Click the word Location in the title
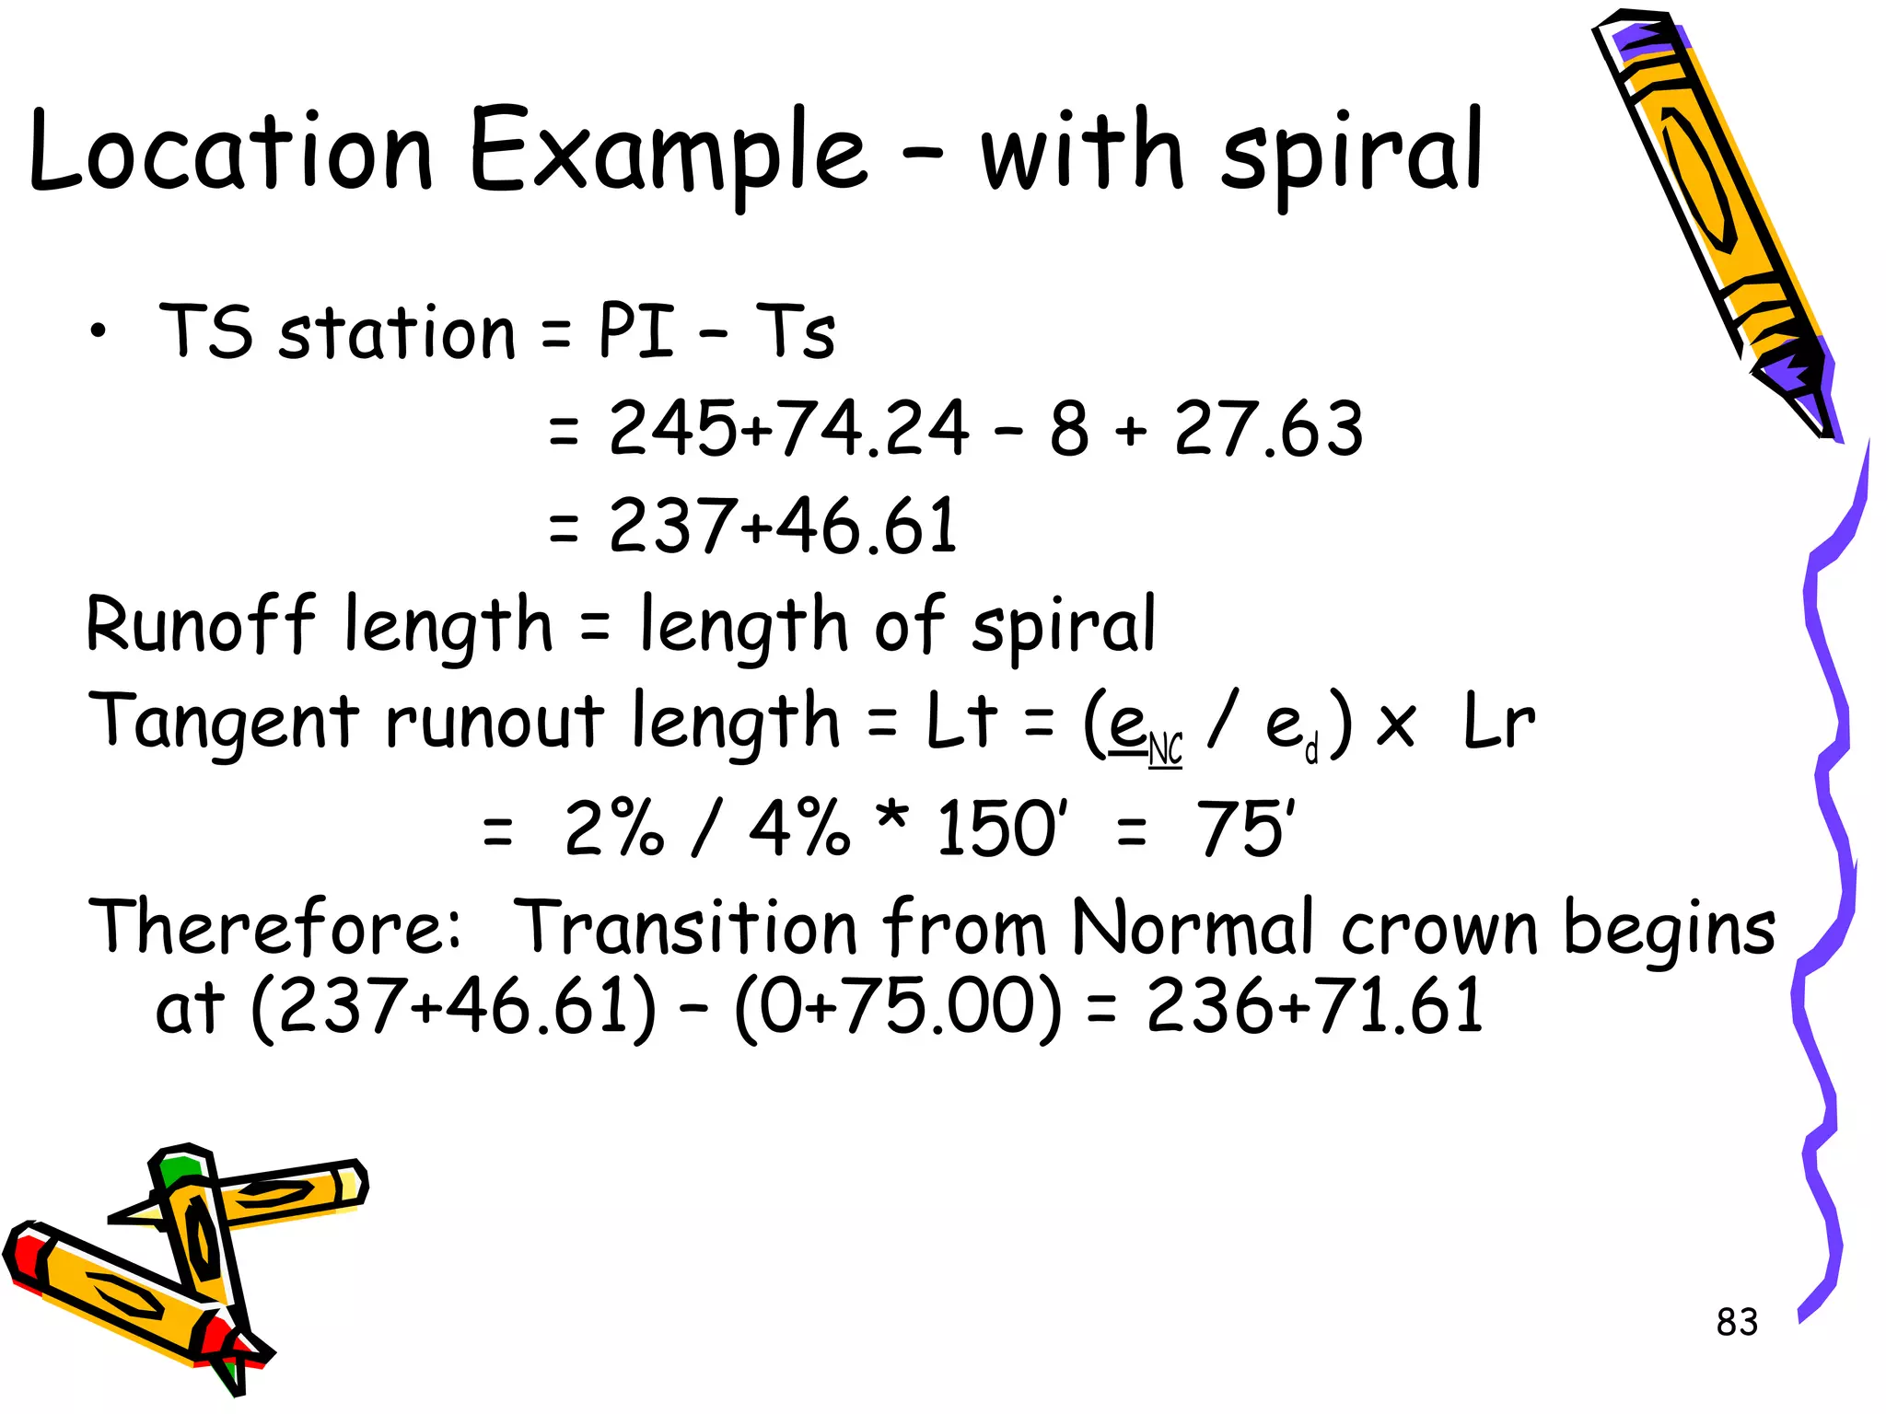[x=230, y=152]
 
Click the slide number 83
[x=1737, y=1322]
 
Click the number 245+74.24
[x=788, y=428]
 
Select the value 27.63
[x=1268, y=428]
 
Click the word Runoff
[x=201, y=624]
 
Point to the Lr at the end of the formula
[x=1498, y=722]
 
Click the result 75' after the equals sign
[x=1244, y=828]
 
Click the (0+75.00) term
[x=898, y=1007]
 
